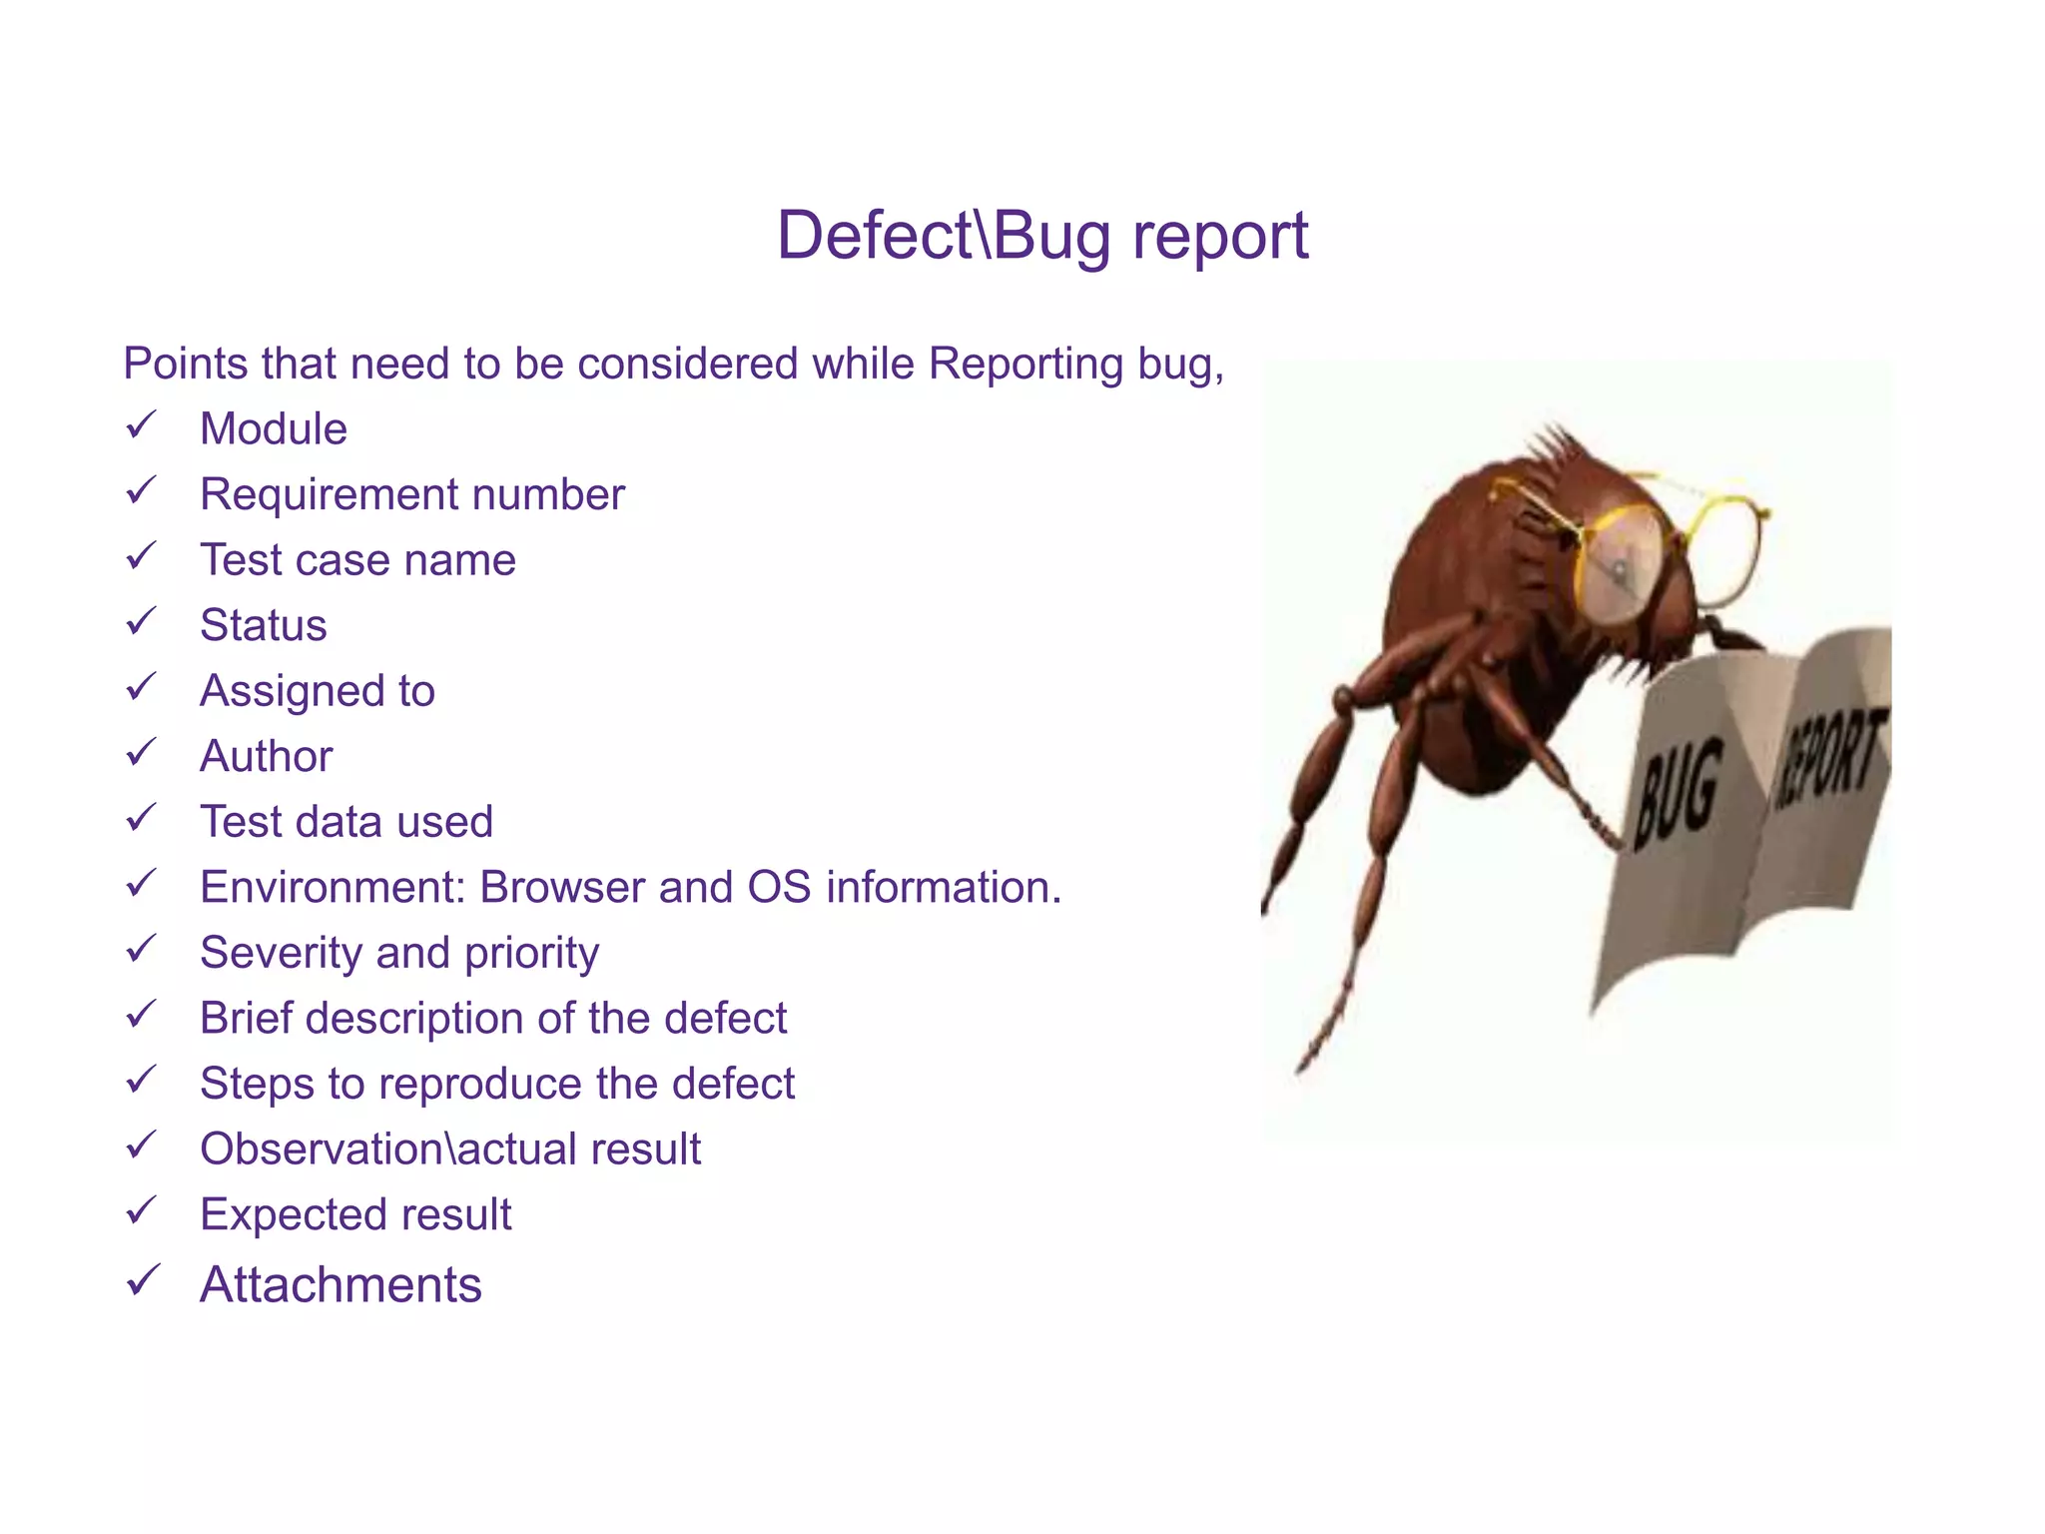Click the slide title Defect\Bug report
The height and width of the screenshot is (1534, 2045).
(x=1041, y=237)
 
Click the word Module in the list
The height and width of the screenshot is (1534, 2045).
(x=273, y=429)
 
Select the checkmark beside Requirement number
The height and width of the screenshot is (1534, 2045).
(x=141, y=490)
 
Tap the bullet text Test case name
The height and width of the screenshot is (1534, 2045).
(x=357, y=560)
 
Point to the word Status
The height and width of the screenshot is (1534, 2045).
(x=263, y=626)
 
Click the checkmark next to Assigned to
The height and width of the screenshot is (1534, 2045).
(x=141, y=687)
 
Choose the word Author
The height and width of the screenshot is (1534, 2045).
(x=266, y=757)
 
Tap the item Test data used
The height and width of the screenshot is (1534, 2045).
(x=345, y=822)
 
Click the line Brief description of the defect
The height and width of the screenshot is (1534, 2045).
(x=492, y=1019)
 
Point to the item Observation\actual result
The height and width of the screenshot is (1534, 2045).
(x=449, y=1150)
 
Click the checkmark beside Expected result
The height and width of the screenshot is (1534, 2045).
(x=141, y=1210)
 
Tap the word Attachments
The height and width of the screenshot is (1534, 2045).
(x=341, y=1285)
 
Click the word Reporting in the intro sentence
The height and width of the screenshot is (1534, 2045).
(x=1025, y=364)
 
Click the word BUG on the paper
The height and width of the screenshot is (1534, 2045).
(x=1678, y=794)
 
